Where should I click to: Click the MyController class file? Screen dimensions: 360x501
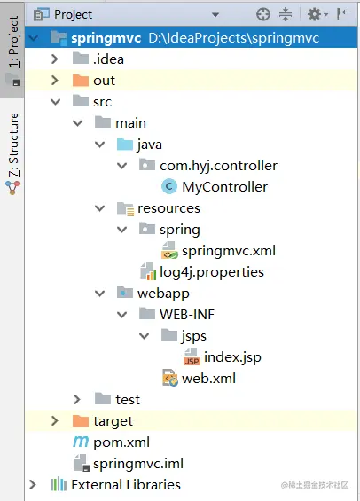[x=224, y=187]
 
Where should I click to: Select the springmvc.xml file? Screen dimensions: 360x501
[x=229, y=251]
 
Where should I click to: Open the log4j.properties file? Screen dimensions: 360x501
[x=211, y=272]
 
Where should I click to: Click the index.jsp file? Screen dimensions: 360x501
[x=232, y=357]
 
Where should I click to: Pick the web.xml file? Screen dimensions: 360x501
[x=208, y=379]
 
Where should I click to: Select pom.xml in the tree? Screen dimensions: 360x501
[x=121, y=442]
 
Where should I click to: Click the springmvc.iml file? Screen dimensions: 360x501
[x=138, y=464]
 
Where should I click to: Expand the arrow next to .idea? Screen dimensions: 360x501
[x=55, y=59]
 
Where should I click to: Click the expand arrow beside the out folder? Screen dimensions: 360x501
[x=55, y=80]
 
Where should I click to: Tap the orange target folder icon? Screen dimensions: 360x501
[x=81, y=421]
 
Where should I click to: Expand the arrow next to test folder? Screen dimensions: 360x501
[x=77, y=399]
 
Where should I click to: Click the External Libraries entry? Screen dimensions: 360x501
[x=126, y=485]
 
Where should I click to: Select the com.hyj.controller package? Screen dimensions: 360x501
[x=218, y=166]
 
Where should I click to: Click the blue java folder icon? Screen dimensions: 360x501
[x=125, y=145]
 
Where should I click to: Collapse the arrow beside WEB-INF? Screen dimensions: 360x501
[x=122, y=315]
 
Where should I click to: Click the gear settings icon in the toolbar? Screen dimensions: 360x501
[x=315, y=14]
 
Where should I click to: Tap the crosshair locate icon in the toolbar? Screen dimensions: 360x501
[x=263, y=14]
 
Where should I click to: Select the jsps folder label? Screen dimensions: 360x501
[x=194, y=336]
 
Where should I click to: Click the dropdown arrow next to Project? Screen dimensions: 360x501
[x=215, y=15]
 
